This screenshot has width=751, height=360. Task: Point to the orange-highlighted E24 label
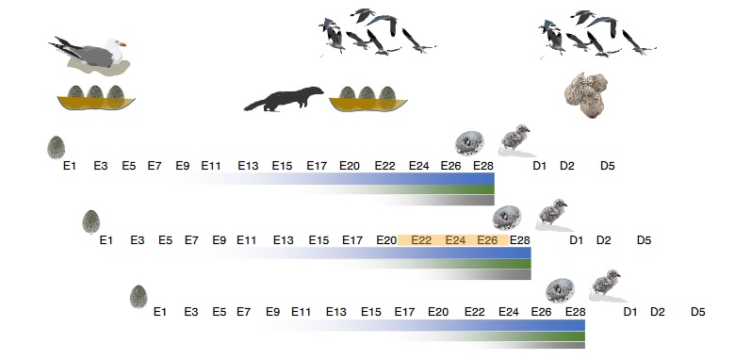456,239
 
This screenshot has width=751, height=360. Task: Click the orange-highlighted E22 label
422,239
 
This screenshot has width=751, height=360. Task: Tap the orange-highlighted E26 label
487,239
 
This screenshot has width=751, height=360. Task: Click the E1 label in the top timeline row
69,166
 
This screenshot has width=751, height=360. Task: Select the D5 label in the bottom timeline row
698,311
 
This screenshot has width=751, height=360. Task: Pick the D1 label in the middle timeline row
577,239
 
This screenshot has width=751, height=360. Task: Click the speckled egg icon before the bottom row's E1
139,297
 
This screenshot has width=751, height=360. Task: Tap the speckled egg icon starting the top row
57,147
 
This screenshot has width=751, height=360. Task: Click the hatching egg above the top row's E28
469,142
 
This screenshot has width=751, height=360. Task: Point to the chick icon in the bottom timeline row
605,283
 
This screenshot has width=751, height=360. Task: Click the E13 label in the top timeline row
248,166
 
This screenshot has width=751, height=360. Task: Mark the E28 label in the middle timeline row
519,239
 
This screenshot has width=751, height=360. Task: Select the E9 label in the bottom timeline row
273,311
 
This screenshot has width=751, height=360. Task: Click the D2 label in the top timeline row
567,166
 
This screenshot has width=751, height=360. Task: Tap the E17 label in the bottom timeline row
404,311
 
